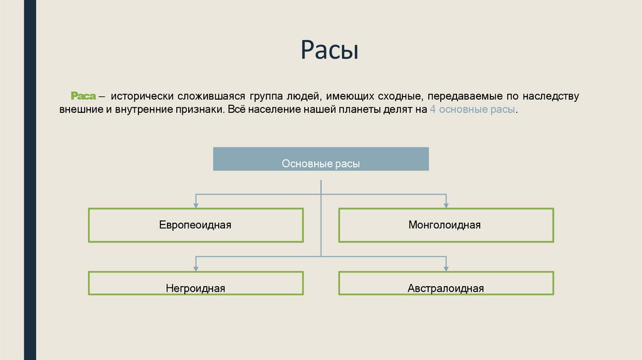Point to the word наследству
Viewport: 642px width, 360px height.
pyautogui.click(x=549, y=97)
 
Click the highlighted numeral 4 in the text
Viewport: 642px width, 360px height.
pyautogui.click(x=433, y=109)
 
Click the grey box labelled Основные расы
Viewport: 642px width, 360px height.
pyautogui.click(x=321, y=159)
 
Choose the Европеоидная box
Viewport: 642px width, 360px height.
pyautogui.click(x=196, y=225)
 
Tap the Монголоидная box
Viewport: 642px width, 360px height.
pyautogui.click(x=446, y=225)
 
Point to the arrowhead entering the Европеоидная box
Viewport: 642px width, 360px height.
pyautogui.click(x=196, y=204)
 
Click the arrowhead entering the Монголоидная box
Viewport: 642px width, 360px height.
pyautogui.click(x=446, y=204)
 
